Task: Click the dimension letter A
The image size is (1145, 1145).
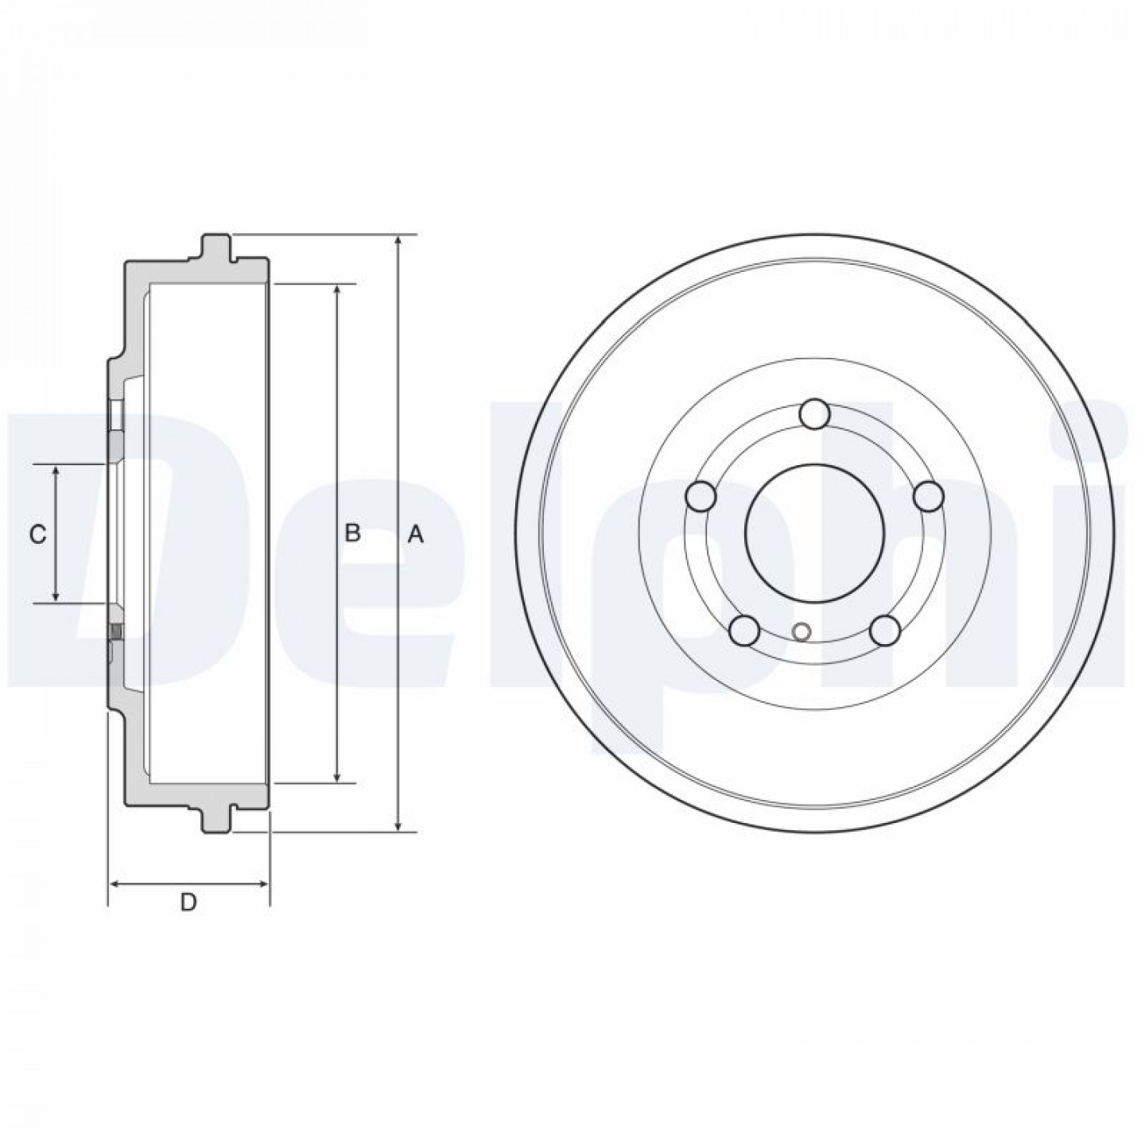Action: point(416,535)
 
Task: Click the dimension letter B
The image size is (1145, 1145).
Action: point(353,533)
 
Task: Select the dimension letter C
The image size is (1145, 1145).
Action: point(38,535)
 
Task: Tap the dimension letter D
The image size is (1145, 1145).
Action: point(188,919)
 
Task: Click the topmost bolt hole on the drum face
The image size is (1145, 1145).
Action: point(815,414)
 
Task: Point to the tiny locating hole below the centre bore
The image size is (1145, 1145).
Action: point(801,631)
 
